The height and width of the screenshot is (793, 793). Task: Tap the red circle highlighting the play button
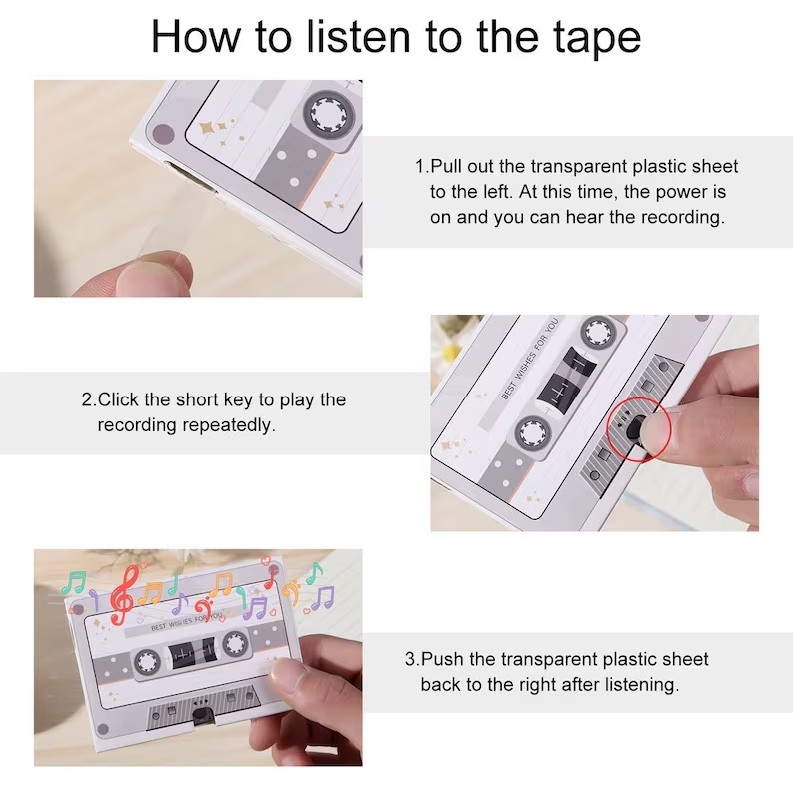tap(638, 428)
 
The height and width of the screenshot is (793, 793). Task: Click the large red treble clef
tap(124, 595)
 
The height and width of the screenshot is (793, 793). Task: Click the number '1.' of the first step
tap(422, 166)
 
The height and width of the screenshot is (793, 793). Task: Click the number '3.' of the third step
tap(412, 659)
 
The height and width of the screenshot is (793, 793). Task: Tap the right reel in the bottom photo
tap(235, 643)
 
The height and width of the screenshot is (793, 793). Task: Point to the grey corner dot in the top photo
tap(163, 137)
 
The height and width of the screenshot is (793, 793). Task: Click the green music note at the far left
tap(74, 583)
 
